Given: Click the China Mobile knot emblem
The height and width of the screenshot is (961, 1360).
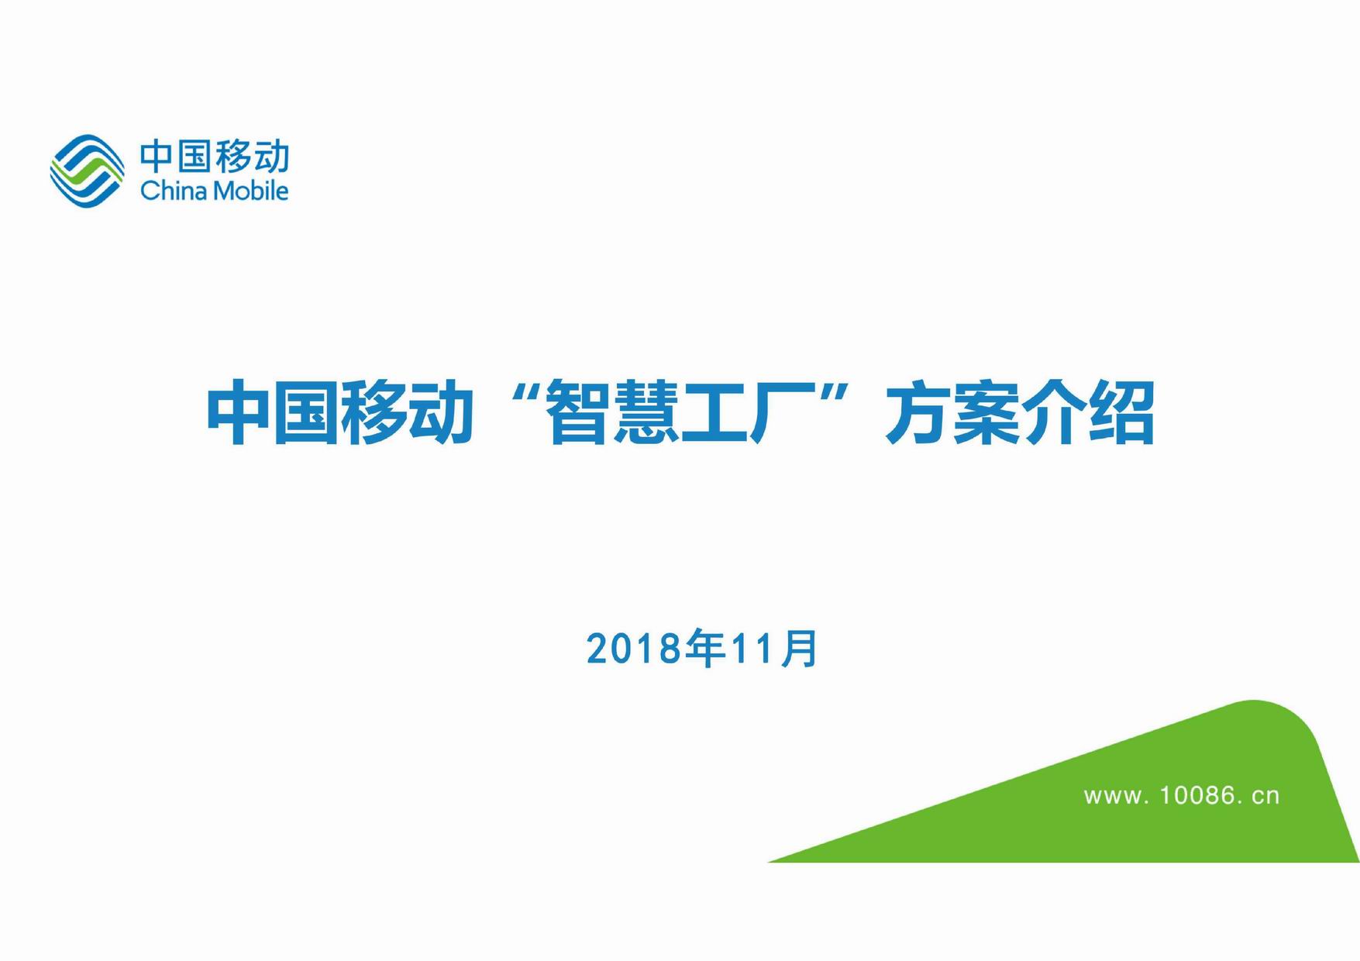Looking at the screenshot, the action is (87, 170).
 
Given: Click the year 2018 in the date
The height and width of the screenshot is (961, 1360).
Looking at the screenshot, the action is (634, 649).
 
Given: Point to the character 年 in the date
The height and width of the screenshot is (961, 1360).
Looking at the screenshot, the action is (705, 649).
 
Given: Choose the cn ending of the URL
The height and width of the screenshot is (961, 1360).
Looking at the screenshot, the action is (1265, 797).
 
